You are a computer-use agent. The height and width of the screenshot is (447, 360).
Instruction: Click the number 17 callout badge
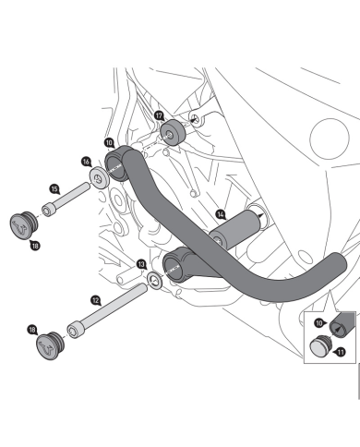click(159, 116)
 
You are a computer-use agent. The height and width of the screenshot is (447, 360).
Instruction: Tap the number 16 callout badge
click(86, 161)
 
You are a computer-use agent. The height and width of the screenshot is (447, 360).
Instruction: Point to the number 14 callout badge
click(221, 214)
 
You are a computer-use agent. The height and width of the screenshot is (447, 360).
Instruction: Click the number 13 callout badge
click(141, 264)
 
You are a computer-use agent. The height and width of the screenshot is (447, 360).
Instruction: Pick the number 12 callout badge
click(95, 300)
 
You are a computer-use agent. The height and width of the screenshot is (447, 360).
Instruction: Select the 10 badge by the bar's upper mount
click(109, 143)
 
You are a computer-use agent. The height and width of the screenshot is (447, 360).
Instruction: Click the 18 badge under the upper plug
click(34, 245)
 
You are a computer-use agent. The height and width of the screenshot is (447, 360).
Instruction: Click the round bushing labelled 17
click(172, 135)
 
